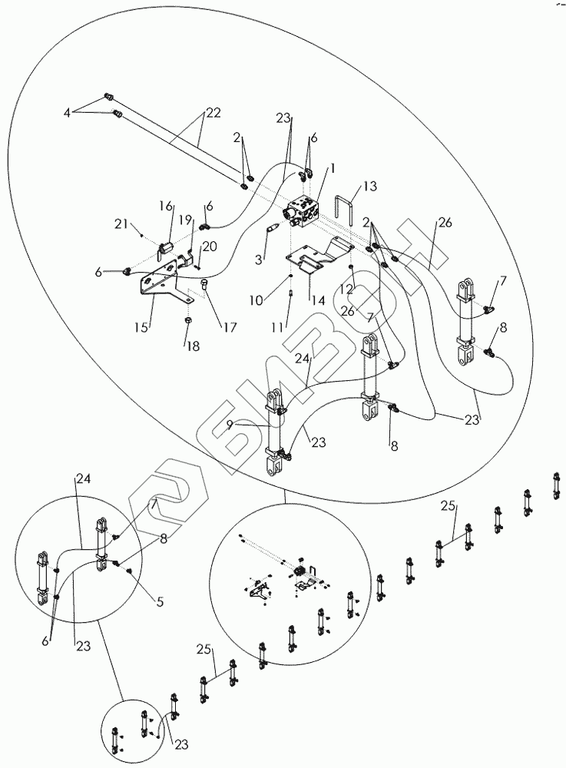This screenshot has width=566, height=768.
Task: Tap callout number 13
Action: point(371,187)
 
